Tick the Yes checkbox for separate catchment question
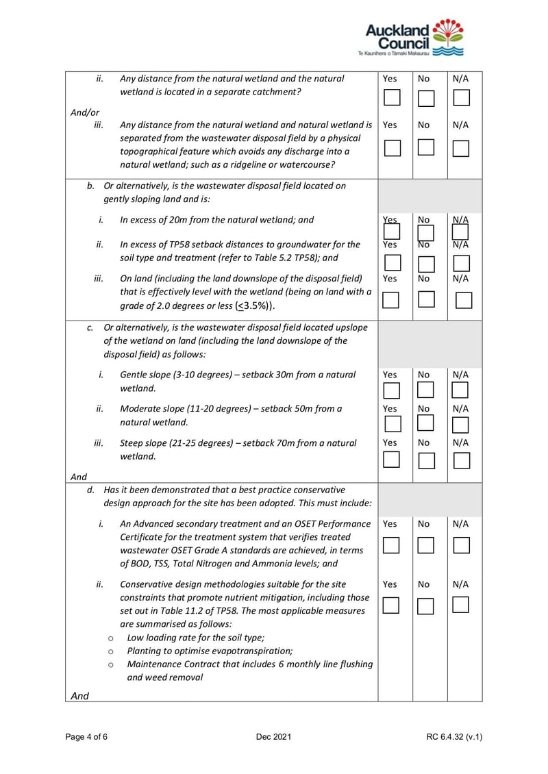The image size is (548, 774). (392, 97)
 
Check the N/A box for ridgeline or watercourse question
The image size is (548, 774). (462, 148)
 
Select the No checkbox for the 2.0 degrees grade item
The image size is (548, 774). (426, 299)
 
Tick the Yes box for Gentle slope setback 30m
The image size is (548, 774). (391, 391)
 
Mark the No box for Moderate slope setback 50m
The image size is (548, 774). (426, 425)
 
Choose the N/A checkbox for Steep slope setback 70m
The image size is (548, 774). (462, 460)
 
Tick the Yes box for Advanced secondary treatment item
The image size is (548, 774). (391, 545)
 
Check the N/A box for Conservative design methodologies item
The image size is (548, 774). (462, 606)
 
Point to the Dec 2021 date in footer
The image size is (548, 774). (274, 737)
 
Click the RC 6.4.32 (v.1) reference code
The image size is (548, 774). (454, 737)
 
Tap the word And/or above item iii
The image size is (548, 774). (85, 113)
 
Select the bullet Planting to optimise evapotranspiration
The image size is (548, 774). (210, 651)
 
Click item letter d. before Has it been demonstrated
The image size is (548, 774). (90, 490)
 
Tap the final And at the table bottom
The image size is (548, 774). (79, 696)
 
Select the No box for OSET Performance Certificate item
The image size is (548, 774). (426, 545)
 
